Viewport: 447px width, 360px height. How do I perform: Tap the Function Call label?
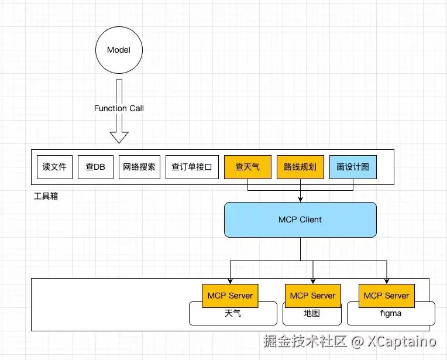tap(119, 108)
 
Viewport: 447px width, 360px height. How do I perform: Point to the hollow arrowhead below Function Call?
tap(119, 137)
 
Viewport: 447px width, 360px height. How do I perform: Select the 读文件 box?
tap(55, 167)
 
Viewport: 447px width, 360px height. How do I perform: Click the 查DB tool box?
tap(95, 167)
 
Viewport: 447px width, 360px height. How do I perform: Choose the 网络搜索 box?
tap(139, 167)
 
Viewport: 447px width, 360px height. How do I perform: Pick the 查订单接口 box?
tap(192, 167)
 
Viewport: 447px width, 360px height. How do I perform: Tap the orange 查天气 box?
tap(247, 167)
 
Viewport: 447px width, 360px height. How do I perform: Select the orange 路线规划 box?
tap(301, 167)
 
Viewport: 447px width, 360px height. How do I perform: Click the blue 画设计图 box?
tap(353, 167)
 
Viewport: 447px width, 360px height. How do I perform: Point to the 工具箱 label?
tap(46, 196)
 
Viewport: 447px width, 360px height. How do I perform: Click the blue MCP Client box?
tap(301, 220)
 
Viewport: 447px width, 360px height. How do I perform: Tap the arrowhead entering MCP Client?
tap(301, 200)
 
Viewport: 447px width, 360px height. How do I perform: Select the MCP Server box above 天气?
tap(230, 296)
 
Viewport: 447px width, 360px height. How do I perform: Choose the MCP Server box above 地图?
tap(313, 296)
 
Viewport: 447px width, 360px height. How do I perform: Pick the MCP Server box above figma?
tap(387, 296)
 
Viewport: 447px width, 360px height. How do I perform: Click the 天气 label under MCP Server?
tap(233, 313)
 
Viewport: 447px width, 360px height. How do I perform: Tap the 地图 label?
tap(312, 313)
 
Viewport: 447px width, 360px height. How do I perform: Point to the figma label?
tap(391, 313)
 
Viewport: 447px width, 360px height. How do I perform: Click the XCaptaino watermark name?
tap(401, 341)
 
